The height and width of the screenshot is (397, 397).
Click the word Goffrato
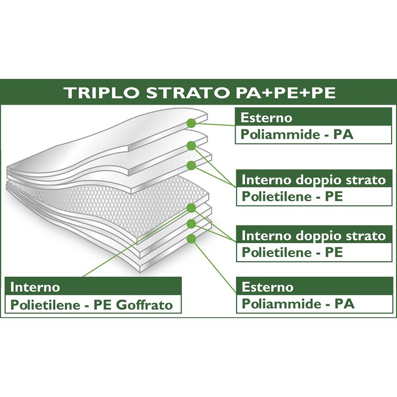click(x=145, y=305)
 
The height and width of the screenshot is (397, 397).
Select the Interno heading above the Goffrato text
click(x=35, y=287)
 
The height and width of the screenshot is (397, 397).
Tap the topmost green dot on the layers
click(x=191, y=123)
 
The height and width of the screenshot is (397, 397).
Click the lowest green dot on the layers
click(x=191, y=239)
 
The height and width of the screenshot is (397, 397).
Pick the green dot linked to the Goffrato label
click(x=191, y=207)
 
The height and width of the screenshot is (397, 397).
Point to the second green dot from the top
click(x=191, y=145)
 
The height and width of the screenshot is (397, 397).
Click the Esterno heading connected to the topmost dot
click(x=266, y=118)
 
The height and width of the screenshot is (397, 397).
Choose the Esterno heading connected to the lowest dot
click(x=266, y=287)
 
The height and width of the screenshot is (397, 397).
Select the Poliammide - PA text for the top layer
click(x=297, y=134)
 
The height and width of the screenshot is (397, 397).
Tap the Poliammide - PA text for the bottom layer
click(x=297, y=304)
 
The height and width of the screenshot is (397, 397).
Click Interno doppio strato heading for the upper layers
click(x=313, y=179)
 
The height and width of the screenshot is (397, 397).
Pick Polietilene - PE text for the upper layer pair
click(x=292, y=197)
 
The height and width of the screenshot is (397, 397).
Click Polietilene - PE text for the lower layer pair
click(x=292, y=252)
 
